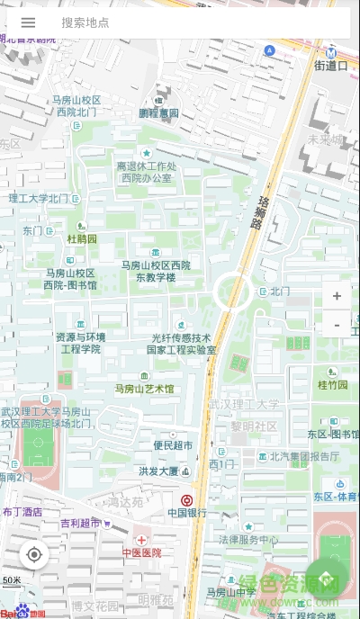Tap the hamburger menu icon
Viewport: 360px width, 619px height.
[28, 22]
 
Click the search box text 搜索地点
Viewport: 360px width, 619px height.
[85, 22]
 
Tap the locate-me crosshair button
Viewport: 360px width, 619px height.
[34, 554]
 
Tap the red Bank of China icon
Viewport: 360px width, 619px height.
[186, 499]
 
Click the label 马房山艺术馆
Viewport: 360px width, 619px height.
[144, 389]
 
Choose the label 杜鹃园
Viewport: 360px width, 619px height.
[82, 239]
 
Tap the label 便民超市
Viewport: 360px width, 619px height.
[173, 444]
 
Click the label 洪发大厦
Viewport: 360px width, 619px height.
[158, 471]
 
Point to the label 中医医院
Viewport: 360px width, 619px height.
[141, 552]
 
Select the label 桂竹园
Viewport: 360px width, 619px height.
[332, 384]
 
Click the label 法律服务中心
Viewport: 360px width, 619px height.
[248, 540]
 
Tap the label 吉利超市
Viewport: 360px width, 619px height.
[80, 523]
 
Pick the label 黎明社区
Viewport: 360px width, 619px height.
[254, 426]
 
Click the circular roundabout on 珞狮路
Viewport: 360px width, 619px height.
[231, 290]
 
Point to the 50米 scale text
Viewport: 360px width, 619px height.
[11, 580]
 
